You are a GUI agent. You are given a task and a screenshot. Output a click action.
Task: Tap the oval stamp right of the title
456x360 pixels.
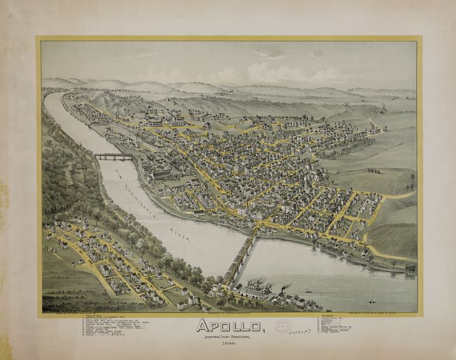tap(282, 326)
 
